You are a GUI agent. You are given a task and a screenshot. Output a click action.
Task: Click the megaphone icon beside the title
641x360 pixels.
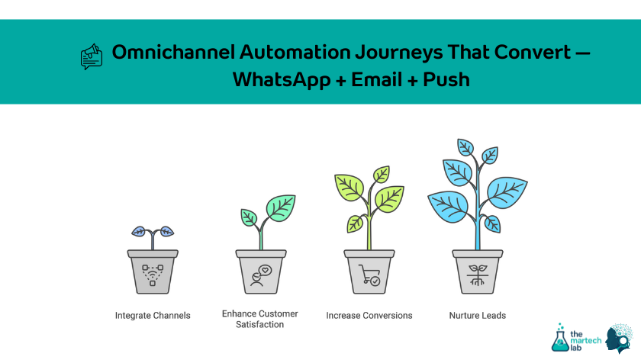pyautogui.click(x=91, y=56)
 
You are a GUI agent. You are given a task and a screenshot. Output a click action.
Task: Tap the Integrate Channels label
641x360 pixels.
pyautogui.click(x=153, y=315)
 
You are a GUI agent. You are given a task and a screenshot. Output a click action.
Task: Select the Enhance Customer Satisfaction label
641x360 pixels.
pyautogui.click(x=259, y=319)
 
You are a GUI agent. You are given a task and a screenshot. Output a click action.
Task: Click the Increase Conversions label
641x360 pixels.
pyautogui.click(x=369, y=315)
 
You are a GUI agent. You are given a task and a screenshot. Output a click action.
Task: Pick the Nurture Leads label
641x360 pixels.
pyautogui.click(x=477, y=315)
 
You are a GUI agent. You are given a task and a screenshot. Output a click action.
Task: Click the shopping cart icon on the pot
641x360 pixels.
pyautogui.click(x=369, y=275)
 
